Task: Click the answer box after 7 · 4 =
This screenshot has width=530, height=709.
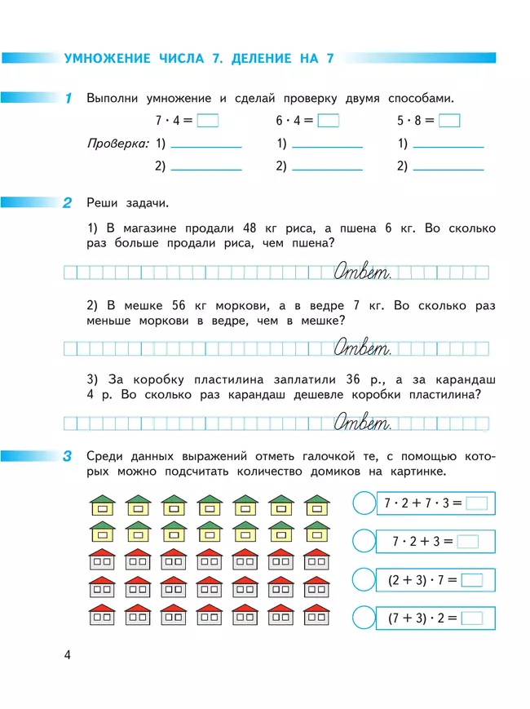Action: coord(208,121)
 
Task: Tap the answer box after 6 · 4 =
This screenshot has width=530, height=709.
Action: coord(328,121)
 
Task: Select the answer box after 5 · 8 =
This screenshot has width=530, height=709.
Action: coord(449,121)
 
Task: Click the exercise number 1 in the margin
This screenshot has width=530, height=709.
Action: coord(68,99)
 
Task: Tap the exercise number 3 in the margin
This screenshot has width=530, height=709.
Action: coord(68,458)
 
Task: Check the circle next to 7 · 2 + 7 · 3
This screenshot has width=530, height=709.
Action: coord(364,503)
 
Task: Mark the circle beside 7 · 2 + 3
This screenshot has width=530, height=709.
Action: coord(364,541)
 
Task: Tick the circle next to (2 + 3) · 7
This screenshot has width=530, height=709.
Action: coord(364,580)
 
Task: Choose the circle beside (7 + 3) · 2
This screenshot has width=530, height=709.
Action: coord(364,618)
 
